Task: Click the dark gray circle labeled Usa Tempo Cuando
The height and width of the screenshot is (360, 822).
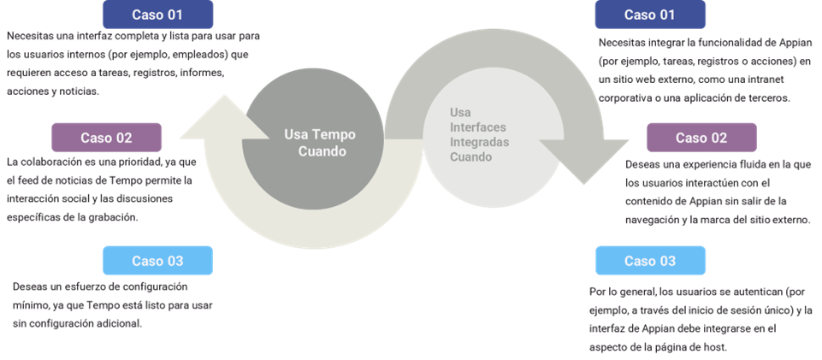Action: click(311, 142)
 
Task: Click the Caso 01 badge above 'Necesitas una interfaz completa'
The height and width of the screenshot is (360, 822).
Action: click(157, 15)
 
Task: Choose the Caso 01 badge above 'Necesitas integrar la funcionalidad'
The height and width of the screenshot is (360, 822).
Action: click(650, 15)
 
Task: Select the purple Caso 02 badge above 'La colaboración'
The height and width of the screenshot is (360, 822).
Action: click(106, 138)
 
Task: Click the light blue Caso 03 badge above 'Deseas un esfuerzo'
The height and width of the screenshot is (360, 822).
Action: click(157, 261)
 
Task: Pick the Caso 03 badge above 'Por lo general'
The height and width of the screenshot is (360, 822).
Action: click(650, 261)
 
